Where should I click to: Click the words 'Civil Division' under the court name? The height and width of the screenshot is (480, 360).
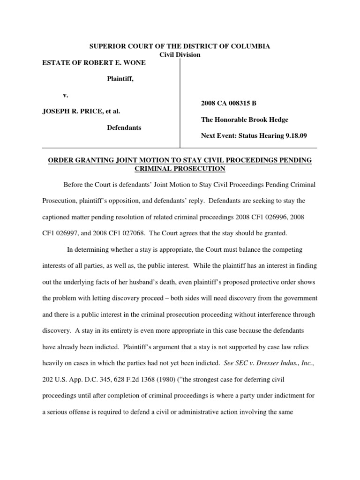tap(180, 55)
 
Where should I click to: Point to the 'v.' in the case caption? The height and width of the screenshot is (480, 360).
tap(66, 95)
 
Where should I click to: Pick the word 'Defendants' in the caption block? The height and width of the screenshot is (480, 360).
tap(125, 127)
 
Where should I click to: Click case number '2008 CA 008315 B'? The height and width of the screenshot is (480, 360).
tap(227, 103)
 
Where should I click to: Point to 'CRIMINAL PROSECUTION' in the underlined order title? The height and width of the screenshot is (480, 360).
tap(180, 168)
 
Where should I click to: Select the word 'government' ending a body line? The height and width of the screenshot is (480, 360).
tap(300, 298)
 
